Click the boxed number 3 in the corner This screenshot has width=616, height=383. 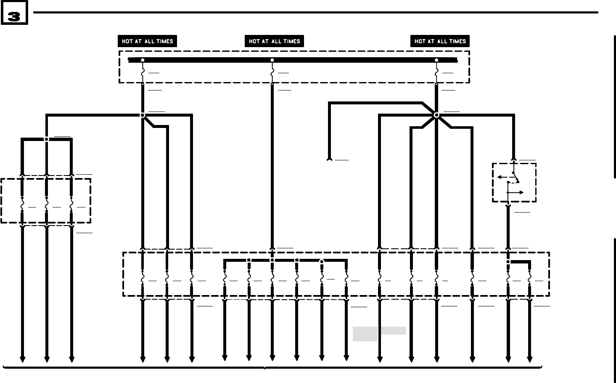coord(14,16)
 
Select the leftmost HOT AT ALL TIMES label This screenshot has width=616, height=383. coord(147,41)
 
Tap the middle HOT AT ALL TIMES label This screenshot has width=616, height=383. coord(274,41)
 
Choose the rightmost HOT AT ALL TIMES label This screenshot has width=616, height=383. coord(440,41)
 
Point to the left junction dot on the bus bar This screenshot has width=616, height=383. coord(143,60)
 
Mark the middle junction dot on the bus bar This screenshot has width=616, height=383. coord(272,60)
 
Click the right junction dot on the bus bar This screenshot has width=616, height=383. coord(436,60)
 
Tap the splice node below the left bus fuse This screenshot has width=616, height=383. coord(143,115)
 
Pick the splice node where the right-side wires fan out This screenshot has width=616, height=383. coord(436,115)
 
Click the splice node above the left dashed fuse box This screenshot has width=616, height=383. coord(47,139)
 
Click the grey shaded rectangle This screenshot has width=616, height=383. coord(379,332)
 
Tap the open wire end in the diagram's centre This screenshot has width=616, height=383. coord(330,160)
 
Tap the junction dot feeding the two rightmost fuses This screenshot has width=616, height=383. coord(508,262)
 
